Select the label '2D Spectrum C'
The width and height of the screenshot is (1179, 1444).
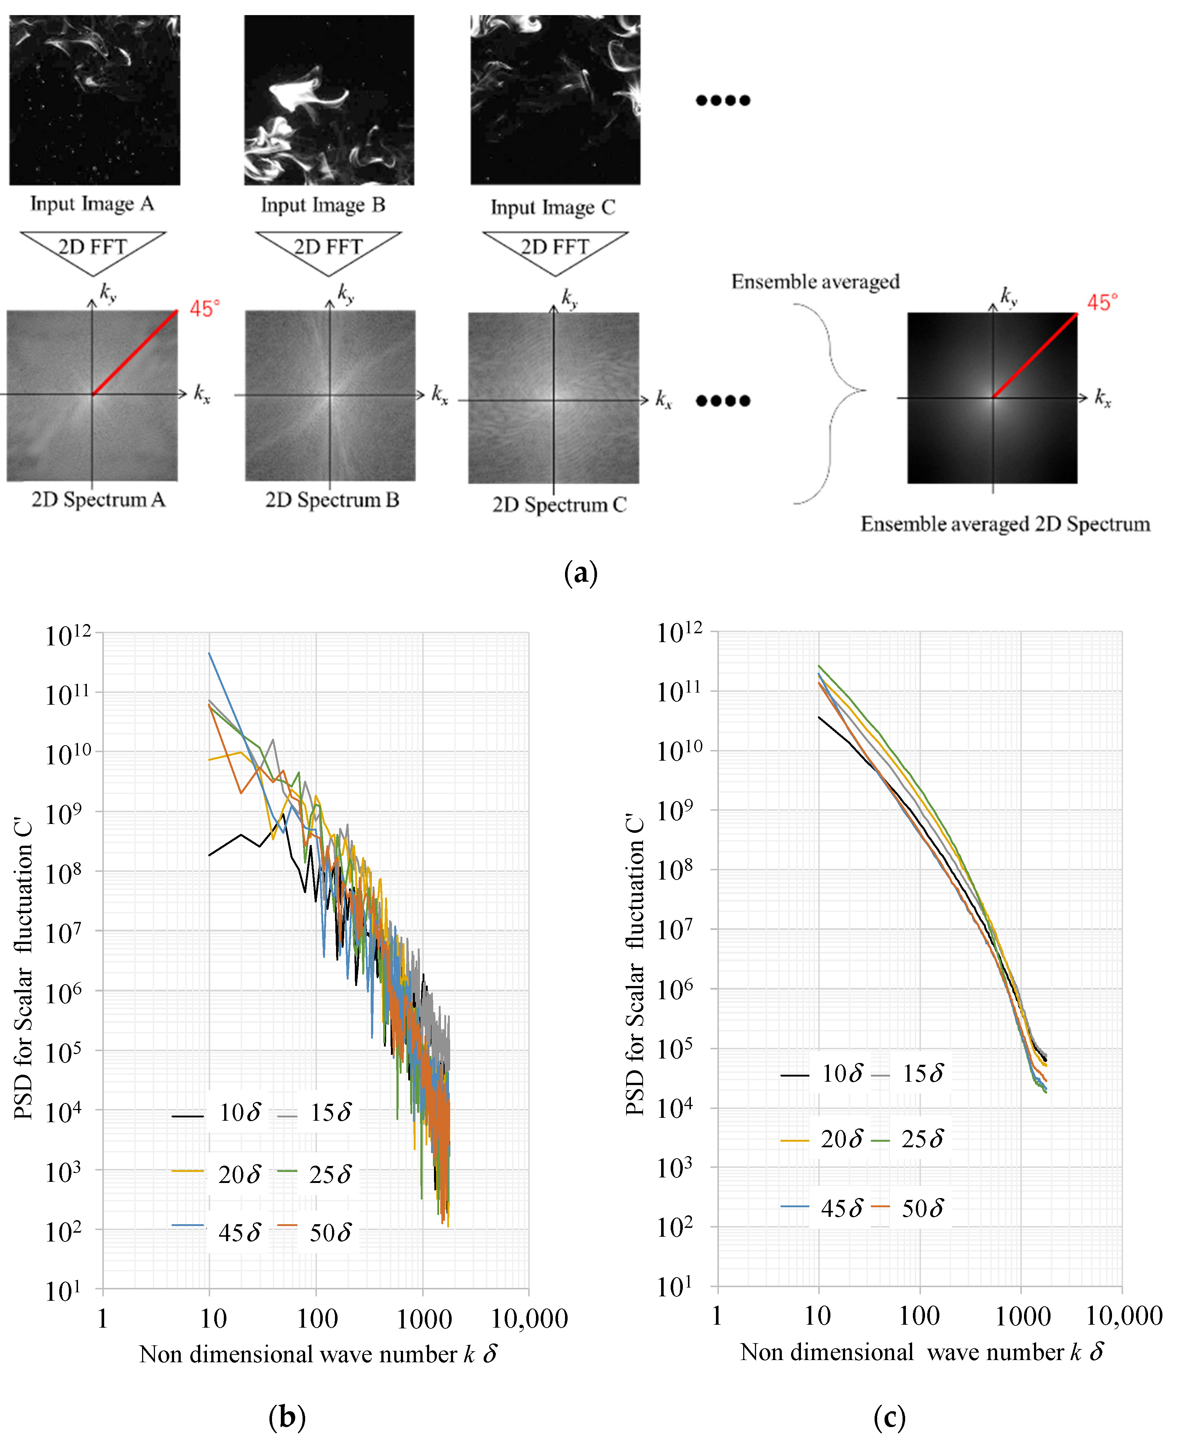point(559,505)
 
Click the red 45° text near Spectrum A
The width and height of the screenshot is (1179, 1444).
point(204,309)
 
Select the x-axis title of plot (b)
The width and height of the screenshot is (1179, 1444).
point(318,1354)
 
